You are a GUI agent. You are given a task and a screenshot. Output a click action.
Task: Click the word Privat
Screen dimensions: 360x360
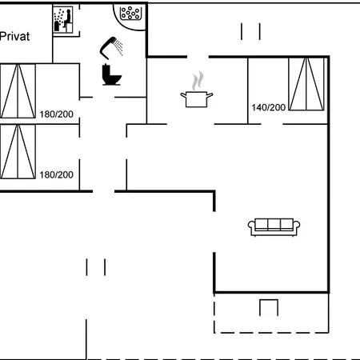click(14, 36)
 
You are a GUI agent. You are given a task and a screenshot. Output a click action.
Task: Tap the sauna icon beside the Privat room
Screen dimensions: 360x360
click(63, 20)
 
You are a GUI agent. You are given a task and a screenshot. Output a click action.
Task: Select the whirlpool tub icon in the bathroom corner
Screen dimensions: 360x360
click(130, 13)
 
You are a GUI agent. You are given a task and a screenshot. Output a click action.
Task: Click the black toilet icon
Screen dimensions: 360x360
click(111, 74)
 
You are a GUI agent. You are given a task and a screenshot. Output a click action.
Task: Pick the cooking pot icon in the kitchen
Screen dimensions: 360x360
click(197, 99)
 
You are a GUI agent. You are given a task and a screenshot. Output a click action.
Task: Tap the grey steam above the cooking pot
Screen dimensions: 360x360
click(198, 81)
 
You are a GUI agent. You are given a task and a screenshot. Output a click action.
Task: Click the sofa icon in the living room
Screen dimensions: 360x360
click(274, 227)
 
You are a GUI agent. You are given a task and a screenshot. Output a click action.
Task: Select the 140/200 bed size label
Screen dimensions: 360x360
click(268, 107)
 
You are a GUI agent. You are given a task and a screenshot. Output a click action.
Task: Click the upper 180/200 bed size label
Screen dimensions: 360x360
click(56, 114)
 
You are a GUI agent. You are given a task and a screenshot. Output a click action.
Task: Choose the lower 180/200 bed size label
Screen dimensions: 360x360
click(56, 175)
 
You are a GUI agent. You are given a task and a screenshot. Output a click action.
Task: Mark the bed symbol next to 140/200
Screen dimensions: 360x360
click(306, 84)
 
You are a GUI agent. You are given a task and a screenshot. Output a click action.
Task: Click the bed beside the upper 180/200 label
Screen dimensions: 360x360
click(18, 91)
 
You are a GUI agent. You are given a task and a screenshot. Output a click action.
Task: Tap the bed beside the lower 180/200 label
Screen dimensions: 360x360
click(18, 151)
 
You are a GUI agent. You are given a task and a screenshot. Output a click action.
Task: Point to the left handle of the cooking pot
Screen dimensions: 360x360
click(183, 95)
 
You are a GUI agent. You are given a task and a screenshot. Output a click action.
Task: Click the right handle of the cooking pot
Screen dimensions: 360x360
click(210, 95)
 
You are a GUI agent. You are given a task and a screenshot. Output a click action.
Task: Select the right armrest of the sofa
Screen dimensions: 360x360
click(297, 226)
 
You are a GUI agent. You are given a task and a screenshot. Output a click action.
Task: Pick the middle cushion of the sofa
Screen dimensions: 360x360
click(274, 225)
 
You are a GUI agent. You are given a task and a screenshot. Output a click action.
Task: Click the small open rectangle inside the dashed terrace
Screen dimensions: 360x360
click(269, 307)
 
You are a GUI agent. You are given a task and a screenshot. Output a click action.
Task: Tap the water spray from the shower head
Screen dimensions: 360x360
click(118, 48)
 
